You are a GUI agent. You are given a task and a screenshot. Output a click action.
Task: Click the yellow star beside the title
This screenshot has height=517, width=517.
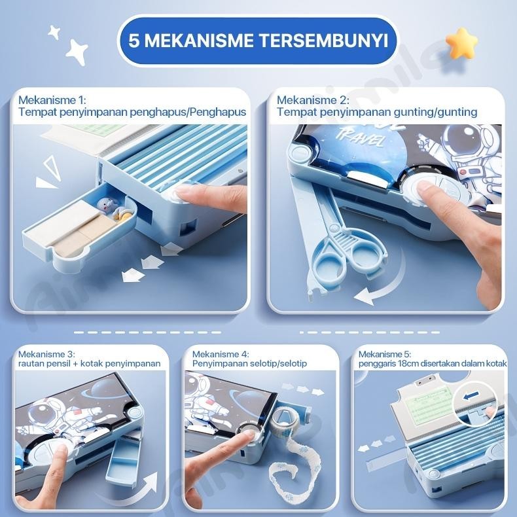pos(462,41)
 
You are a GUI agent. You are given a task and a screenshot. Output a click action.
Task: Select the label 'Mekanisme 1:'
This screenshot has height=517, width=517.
pos(52,100)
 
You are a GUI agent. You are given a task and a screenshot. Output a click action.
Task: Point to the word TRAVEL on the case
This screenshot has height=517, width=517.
pos(353,137)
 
